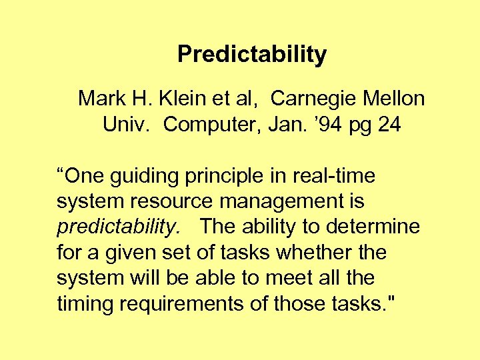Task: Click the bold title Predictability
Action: tap(252, 54)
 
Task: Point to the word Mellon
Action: tap(394, 99)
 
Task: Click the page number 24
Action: tap(389, 125)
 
